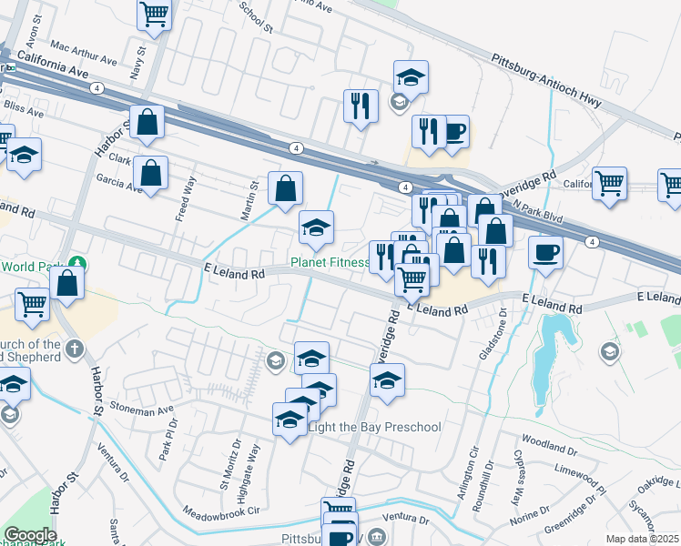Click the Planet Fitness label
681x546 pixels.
pyautogui.click(x=330, y=264)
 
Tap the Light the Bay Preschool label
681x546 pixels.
pyautogui.click(x=374, y=427)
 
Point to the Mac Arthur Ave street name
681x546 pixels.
pyautogui.click(x=85, y=53)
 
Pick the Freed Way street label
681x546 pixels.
pyautogui.click(x=185, y=198)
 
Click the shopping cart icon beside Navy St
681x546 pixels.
pyautogui.click(x=155, y=14)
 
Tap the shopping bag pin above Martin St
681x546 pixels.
pyautogui.click(x=286, y=189)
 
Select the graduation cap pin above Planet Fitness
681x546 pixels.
pyautogui.click(x=316, y=227)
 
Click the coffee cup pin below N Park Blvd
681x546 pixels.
pyautogui.click(x=546, y=252)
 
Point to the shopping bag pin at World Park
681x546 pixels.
pyautogui.click(x=67, y=282)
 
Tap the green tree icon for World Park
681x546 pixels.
pyautogui.click(x=78, y=265)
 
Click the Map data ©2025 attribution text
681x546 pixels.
pyautogui.click(x=642, y=539)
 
